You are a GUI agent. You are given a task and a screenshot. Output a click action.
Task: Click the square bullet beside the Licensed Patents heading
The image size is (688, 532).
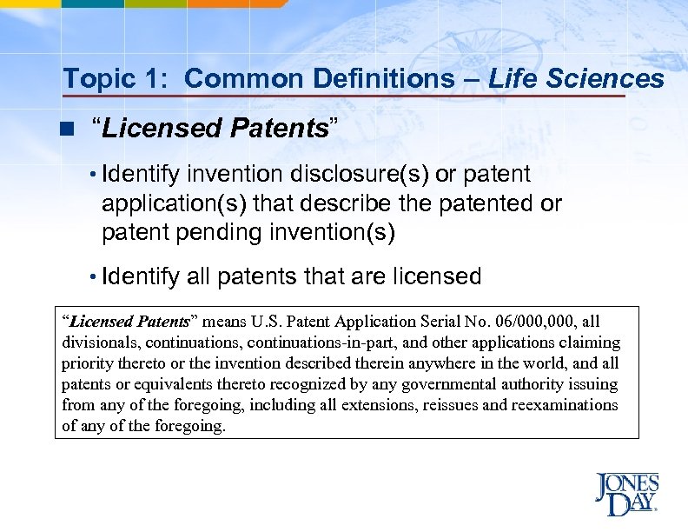(67, 130)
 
